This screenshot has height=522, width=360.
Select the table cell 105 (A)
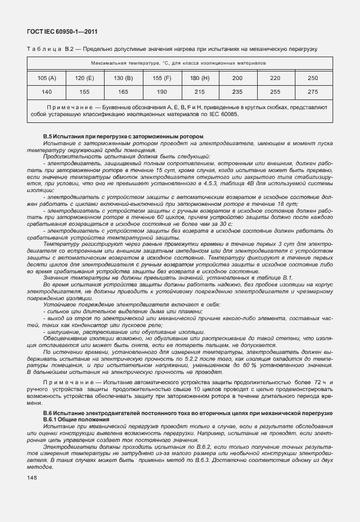[47, 77]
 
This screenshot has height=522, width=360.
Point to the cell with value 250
[313, 77]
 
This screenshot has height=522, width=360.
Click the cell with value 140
[47, 91]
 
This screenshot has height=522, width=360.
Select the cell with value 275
[313, 91]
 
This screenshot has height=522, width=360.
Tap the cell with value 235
[237, 91]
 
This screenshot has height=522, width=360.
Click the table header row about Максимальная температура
[179, 62]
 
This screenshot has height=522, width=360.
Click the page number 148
[33, 478]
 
